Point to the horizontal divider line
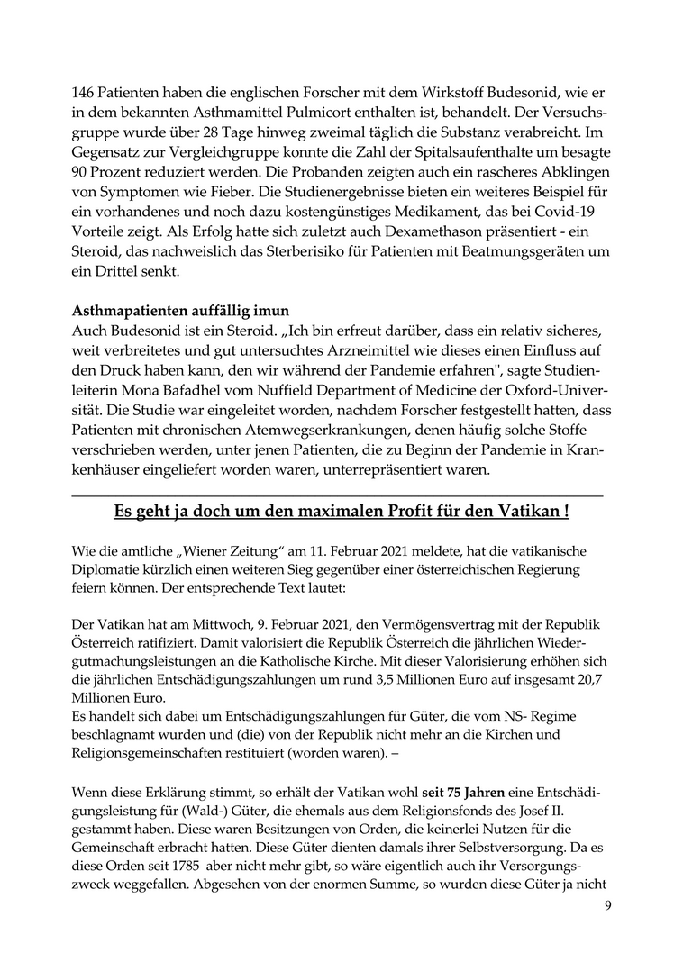click(x=336, y=495)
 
